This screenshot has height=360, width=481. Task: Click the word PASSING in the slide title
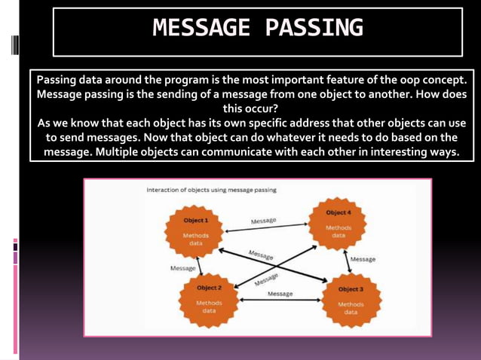314,29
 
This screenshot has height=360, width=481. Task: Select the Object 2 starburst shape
209,301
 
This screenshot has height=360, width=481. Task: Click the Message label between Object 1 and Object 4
263,221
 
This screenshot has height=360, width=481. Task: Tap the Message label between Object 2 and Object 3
280,294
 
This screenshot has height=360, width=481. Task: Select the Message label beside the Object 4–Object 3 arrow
363,259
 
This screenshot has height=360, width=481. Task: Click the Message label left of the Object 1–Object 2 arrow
183,268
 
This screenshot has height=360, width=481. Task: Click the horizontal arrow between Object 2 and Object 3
280,301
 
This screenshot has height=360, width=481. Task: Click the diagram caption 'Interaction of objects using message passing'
211,190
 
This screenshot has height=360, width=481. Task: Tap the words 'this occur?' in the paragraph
247,108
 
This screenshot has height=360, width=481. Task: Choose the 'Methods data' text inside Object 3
351,308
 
